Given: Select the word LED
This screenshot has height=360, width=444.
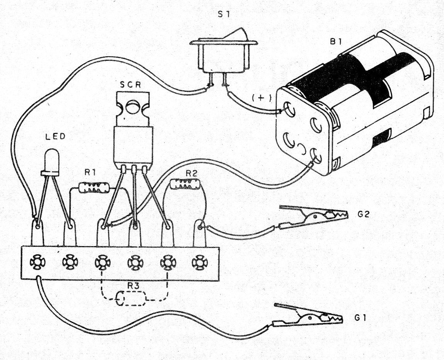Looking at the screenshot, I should (55, 136).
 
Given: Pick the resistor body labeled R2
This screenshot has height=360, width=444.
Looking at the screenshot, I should (185, 184).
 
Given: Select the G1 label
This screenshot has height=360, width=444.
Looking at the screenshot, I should (360, 318).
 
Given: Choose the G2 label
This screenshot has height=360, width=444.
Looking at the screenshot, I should (364, 214).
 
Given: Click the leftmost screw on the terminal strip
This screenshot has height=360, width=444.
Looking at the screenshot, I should (37, 263).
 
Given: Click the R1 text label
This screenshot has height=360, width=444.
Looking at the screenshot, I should (91, 174).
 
